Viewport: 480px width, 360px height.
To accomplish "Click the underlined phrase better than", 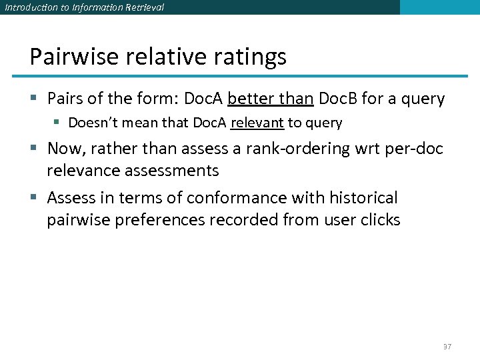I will click(270, 99).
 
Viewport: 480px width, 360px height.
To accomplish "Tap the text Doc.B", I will click(338, 99).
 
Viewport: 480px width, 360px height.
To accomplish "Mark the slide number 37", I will click(447, 347).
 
